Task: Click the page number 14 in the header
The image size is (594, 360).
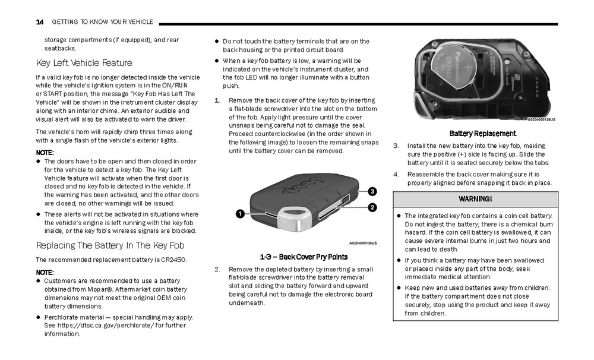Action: [x=40, y=22]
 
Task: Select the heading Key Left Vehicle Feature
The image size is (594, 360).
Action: [x=84, y=63]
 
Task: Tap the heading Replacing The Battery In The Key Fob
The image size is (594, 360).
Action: [x=110, y=245]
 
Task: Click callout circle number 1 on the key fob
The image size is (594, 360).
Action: [x=240, y=213]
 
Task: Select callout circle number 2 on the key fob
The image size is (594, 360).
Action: [x=372, y=207]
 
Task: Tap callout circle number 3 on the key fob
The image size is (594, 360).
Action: [x=372, y=191]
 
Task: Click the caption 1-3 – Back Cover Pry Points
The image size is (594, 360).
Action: [x=304, y=257]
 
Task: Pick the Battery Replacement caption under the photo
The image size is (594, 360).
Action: [x=482, y=134]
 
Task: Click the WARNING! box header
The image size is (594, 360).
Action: [x=475, y=198]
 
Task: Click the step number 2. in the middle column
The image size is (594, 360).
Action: [x=217, y=269]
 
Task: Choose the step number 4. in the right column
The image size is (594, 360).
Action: [x=396, y=174]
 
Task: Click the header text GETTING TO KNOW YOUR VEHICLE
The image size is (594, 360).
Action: [x=102, y=22]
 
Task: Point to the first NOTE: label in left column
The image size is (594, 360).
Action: [x=45, y=153]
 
